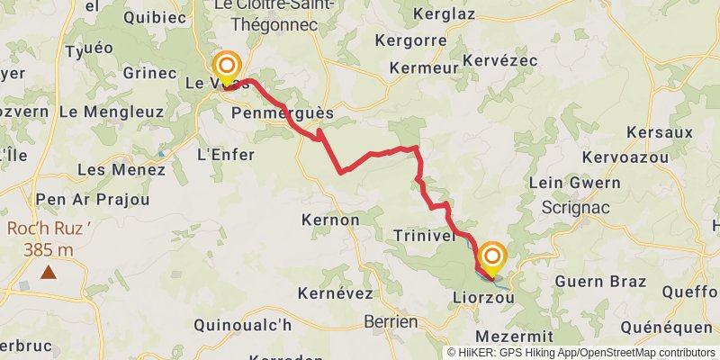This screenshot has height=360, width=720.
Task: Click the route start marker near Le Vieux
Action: (x=226, y=66)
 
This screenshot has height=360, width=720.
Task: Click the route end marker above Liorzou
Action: (x=492, y=256)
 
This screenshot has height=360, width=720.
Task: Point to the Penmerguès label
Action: (x=282, y=114)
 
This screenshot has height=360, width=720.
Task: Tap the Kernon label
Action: (x=331, y=220)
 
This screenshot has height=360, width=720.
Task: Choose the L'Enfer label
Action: (x=225, y=155)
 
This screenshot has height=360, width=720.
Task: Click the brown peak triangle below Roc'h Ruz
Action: (x=47, y=271)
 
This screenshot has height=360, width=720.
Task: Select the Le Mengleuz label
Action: (x=111, y=112)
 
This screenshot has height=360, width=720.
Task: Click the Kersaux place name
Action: (x=660, y=132)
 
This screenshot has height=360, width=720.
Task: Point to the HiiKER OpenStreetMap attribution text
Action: (x=581, y=353)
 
